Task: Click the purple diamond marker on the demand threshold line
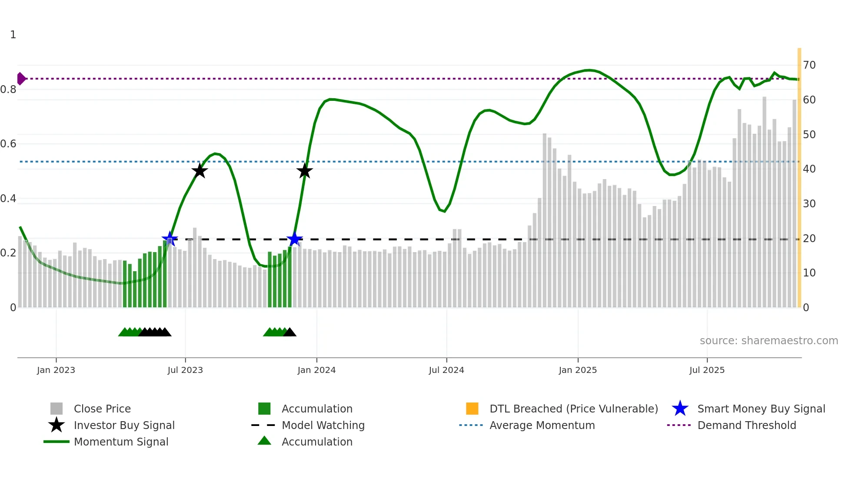[21, 79]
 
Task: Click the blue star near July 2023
[170, 239]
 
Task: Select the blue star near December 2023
[294, 239]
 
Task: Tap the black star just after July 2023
[200, 171]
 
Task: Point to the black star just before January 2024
[304, 171]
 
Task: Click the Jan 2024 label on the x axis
[316, 370]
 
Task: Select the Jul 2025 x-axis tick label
[707, 370]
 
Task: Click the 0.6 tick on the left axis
[8, 144]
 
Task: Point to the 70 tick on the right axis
[809, 65]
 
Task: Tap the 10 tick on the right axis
[809, 273]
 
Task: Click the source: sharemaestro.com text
[769, 341]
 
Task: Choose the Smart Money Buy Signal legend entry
[761, 409]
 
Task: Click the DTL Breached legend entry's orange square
[472, 409]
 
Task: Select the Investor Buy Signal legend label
[124, 425]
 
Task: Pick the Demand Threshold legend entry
[746, 425]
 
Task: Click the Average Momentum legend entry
[542, 425]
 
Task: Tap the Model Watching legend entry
[323, 425]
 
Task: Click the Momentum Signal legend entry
[121, 442]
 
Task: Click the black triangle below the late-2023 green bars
[290, 333]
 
